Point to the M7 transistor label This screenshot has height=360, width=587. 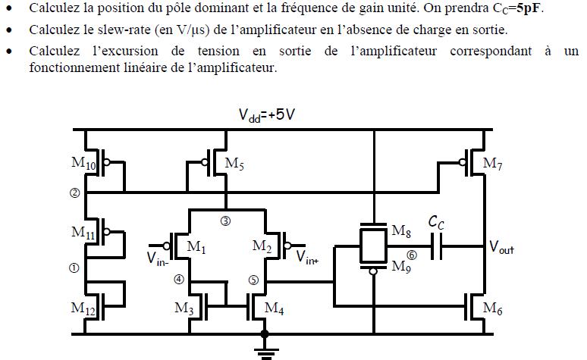493,164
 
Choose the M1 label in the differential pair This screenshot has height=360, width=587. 196,246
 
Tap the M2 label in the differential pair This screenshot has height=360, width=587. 262,246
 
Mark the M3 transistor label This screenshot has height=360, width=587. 184,308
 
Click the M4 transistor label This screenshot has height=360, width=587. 275,308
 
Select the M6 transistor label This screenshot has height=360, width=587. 493,308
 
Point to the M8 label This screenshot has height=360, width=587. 401,231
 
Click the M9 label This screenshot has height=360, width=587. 401,266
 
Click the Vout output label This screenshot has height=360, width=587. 501,247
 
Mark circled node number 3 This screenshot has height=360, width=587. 225,221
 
